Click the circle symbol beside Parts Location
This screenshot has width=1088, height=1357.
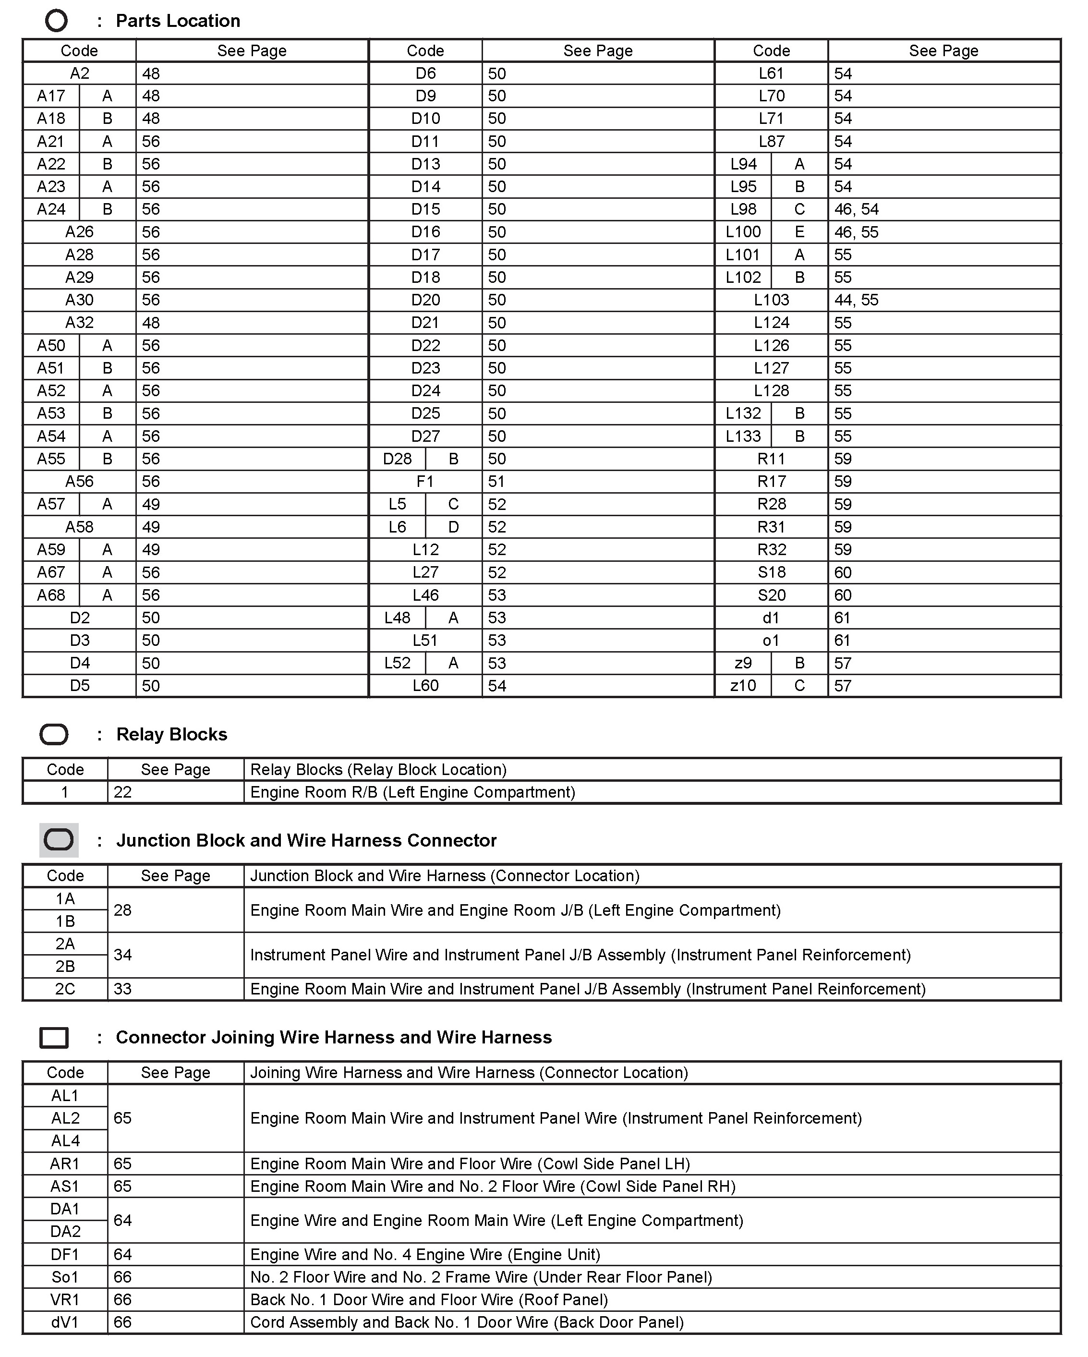pos(56,21)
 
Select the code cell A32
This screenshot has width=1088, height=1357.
pos(79,323)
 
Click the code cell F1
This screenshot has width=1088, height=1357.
pos(425,482)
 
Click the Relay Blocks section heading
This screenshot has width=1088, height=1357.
pos(172,735)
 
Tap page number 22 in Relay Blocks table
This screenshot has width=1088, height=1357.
pos(123,792)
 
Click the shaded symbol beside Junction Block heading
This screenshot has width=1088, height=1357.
pos(59,840)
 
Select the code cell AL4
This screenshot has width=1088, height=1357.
pos(65,1140)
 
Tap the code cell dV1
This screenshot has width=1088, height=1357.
pos(65,1322)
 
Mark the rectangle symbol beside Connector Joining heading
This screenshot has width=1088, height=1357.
pos(54,1038)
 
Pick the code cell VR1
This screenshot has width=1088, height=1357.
pos(65,1300)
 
